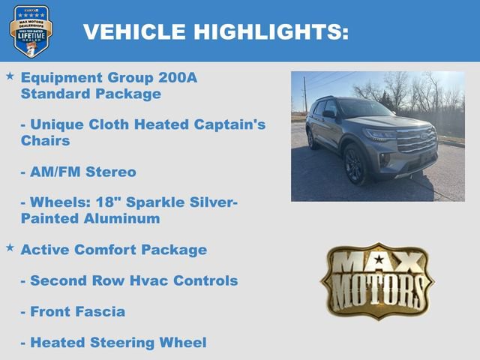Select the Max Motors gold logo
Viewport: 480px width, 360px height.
click(x=377, y=280)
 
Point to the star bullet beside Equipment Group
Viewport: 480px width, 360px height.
click(x=10, y=76)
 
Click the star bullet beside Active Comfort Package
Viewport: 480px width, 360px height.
click(x=10, y=247)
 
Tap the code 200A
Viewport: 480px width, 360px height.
click(x=179, y=77)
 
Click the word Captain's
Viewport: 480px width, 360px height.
click(x=229, y=124)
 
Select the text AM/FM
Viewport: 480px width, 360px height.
click(x=55, y=172)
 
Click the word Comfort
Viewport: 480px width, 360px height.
click(x=105, y=249)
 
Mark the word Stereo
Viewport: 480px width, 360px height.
click(x=111, y=172)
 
